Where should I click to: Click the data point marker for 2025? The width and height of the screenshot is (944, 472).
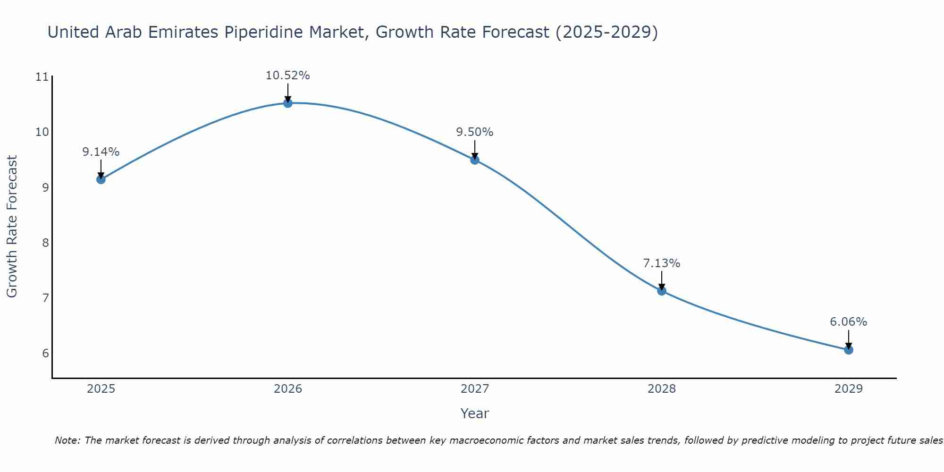(x=101, y=179)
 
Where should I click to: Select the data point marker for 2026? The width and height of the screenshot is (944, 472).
(x=288, y=103)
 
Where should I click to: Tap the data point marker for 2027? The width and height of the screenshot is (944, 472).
(x=475, y=160)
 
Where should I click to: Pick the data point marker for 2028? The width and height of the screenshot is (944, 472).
(x=662, y=291)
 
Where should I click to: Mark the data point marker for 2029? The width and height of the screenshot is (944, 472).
(x=849, y=350)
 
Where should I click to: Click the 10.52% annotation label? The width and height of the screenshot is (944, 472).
(x=287, y=76)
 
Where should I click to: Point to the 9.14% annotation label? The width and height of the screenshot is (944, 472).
(x=101, y=152)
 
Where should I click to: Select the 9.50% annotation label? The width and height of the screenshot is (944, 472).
(x=474, y=132)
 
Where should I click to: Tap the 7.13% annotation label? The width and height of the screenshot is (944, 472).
(x=661, y=263)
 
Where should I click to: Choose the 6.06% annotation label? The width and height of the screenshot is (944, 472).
(x=848, y=322)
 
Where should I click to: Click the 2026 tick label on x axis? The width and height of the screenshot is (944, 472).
(x=288, y=389)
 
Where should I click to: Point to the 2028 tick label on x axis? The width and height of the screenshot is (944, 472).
(x=662, y=389)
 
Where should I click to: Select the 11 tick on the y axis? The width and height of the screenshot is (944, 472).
(x=42, y=77)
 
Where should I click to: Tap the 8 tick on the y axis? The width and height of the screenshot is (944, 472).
(x=45, y=243)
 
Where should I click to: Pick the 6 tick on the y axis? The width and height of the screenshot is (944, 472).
(x=45, y=354)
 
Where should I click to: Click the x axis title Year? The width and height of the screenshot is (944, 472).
(x=474, y=413)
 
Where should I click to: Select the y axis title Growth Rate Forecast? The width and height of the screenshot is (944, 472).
(x=12, y=226)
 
